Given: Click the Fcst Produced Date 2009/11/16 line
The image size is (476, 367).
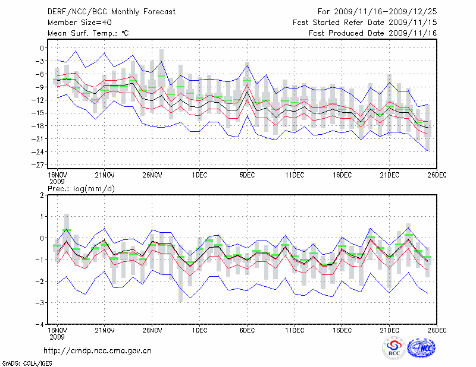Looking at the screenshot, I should pyautogui.click(x=373, y=33).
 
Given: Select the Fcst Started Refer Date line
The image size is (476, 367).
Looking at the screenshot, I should pyautogui.click(x=365, y=22).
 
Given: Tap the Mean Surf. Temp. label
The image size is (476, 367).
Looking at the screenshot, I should pyautogui.click(x=88, y=33).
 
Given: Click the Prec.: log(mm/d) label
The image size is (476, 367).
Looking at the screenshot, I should pyautogui.click(x=82, y=188).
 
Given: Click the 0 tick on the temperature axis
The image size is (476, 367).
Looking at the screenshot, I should pyautogui.click(x=43, y=48).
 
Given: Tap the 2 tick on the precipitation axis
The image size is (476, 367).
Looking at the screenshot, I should pyautogui.click(x=43, y=195).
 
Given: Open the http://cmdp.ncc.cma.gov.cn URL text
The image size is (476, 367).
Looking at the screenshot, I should pyautogui.click(x=98, y=350).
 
